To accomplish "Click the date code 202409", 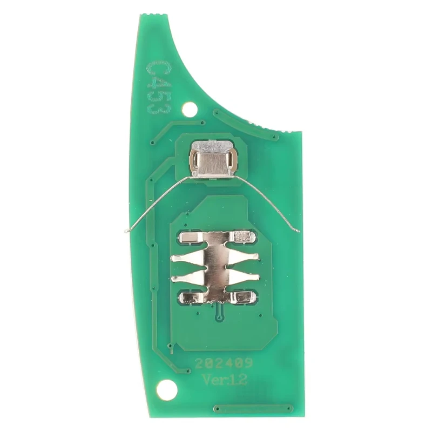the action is (x=224, y=363).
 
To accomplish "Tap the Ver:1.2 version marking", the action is (x=225, y=380).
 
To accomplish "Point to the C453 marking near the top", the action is (x=159, y=87).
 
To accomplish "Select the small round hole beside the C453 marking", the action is (x=190, y=110).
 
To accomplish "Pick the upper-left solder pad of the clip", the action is (x=192, y=237).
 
